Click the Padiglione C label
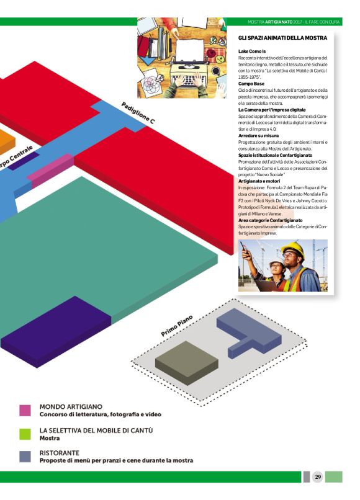click(x=138, y=113)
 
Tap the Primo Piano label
click(x=177, y=326)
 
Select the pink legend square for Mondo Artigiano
click(x=25, y=411)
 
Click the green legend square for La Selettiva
click(x=25, y=434)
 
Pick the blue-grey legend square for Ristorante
click(x=25, y=457)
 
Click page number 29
click(x=318, y=477)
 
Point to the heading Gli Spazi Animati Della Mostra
click(x=283, y=38)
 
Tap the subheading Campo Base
click(x=251, y=84)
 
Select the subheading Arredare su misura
click(x=258, y=135)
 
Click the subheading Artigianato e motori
click(x=259, y=181)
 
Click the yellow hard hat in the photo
click(x=293, y=249)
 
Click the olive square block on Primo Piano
click(x=187, y=362)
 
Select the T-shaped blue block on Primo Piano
click(x=249, y=333)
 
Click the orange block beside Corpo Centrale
click(x=6, y=141)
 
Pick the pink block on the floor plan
click(x=50, y=171)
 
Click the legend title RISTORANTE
click(x=60, y=453)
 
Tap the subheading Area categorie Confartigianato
click(x=271, y=220)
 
